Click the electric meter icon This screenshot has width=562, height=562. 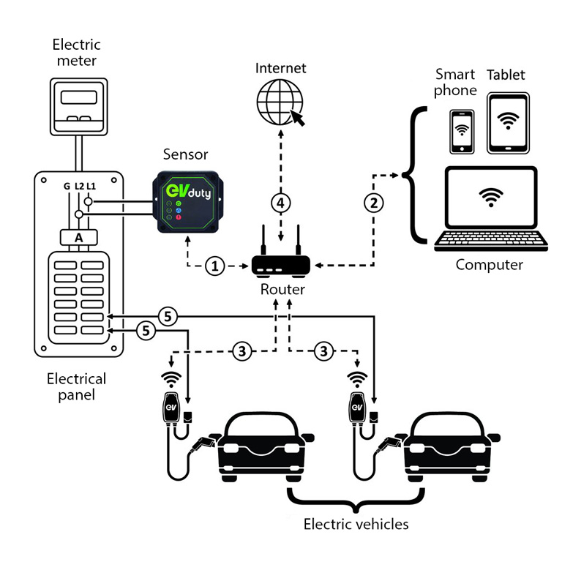click(x=80, y=107)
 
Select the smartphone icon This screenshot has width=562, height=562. click(x=461, y=132)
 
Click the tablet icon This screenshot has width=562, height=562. click(x=507, y=122)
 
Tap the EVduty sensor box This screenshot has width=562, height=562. click(x=187, y=202)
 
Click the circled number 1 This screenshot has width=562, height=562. click(x=215, y=266)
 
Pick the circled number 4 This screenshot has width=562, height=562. click(x=280, y=202)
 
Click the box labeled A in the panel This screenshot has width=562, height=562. click(x=79, y=237)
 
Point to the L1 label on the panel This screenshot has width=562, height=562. click(x=91, y=186)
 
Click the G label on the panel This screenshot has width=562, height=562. click(x=67, y=186)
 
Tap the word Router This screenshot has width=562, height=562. click(x=282, y=290)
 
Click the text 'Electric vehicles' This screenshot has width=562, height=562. click(x=356, y=524)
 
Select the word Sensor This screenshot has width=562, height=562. click(x=186, y=154)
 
